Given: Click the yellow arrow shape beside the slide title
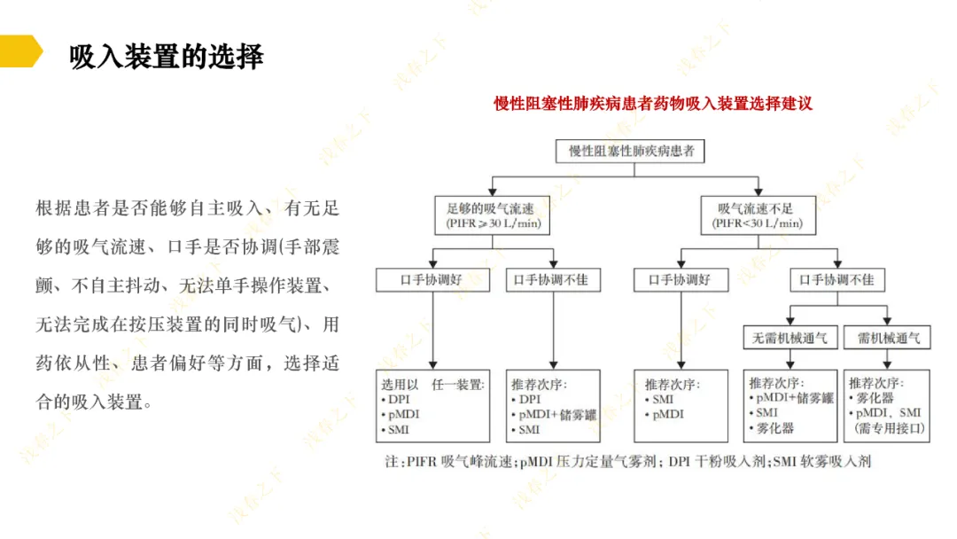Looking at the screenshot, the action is click(x=19, y=51).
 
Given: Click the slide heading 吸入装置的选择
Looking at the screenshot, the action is click(x=167, y=56).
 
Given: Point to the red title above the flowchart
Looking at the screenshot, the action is click(x=653, y=103).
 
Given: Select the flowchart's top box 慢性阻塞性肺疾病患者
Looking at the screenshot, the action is click(x=630, y=151).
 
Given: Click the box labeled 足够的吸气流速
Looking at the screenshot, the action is click(x=491, y=215).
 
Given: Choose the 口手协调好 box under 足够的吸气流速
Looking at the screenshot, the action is click(x=432, y=280).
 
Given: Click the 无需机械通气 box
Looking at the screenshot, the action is click(x=790, y=338).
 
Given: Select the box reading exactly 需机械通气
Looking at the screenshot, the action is click(x=888, y=338).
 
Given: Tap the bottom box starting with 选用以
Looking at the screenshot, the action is click(x=433, y=406).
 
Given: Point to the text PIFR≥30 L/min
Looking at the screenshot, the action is click(x=492, y=224).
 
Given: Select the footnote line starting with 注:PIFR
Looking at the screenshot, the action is click(x=627, y=462).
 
